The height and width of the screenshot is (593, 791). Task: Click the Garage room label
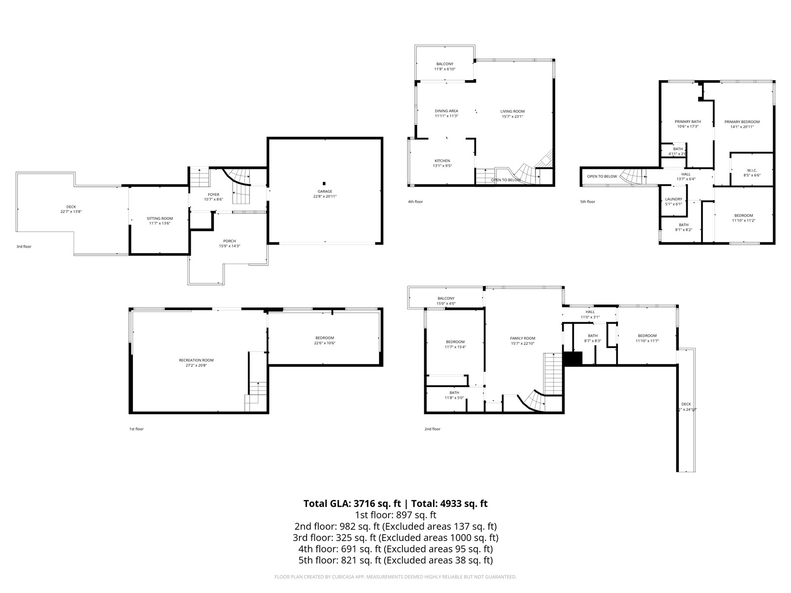click(325, 191)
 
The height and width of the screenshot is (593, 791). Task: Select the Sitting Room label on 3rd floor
click(160, 218)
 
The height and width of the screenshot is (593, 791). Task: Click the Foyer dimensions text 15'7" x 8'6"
click(214, 200)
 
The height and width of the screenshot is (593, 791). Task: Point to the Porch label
click(229, 241)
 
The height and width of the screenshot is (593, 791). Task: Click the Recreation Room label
click(196, 360)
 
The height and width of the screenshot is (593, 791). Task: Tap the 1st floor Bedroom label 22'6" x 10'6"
click(324, 338)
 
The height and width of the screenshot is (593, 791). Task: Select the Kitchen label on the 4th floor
click(442, 161)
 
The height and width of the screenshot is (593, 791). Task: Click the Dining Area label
click(446, 111)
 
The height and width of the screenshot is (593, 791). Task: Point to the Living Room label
click(512, 111)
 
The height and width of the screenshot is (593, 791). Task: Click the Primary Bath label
click(688, 122)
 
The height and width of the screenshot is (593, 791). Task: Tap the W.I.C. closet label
click(752, 170)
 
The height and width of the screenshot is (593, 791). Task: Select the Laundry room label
click(673, 199)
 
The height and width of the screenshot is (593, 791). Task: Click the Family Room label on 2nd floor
click(523, 338)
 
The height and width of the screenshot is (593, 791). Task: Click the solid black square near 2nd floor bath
click(573, 359)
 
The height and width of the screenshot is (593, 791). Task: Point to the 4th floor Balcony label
click(444, 64)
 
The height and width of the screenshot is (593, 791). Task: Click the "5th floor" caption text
click(587, 202)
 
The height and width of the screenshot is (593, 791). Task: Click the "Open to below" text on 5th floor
click(602, 176)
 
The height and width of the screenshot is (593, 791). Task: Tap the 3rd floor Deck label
click(71, 207)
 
